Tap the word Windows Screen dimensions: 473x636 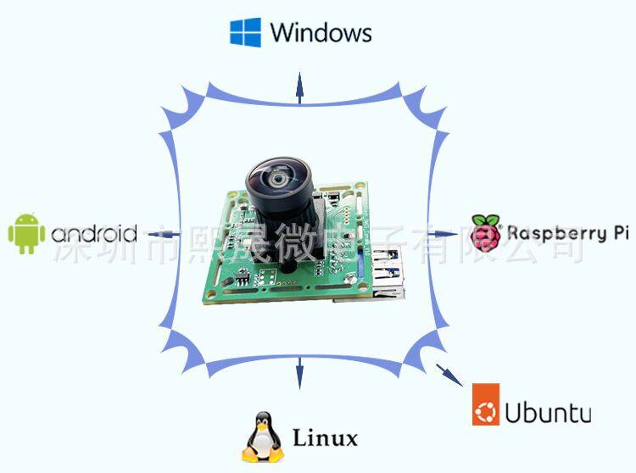(321, 33)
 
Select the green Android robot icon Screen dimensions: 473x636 (26, 233)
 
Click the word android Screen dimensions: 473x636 (93, 234)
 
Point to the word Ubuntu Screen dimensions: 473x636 (548, 413)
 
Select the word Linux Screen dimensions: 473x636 (325, 438)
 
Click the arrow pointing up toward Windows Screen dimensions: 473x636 (298, 86)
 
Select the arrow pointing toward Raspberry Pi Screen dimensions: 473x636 (444, 233)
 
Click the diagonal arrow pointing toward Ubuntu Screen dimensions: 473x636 (443, 370)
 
